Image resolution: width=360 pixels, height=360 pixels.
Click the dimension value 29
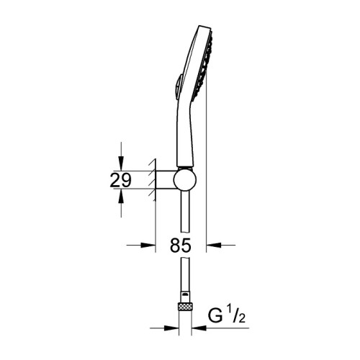(x=120, y=180)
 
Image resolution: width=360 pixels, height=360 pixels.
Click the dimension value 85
(x=181, y=246)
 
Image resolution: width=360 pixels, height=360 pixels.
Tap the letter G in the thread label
(x=215, y=316)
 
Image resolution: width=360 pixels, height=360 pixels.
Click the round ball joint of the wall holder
(x=185, y=179)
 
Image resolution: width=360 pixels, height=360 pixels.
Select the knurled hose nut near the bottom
(x=185, y=307)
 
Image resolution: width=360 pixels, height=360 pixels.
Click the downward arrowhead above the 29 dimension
(x=121, y=163)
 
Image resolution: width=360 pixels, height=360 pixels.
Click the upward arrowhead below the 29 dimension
(x=121, y=196)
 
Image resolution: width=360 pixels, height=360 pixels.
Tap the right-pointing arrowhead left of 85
(x=148, y=246)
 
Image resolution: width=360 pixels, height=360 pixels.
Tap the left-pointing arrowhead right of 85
(x=214, y=246)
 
